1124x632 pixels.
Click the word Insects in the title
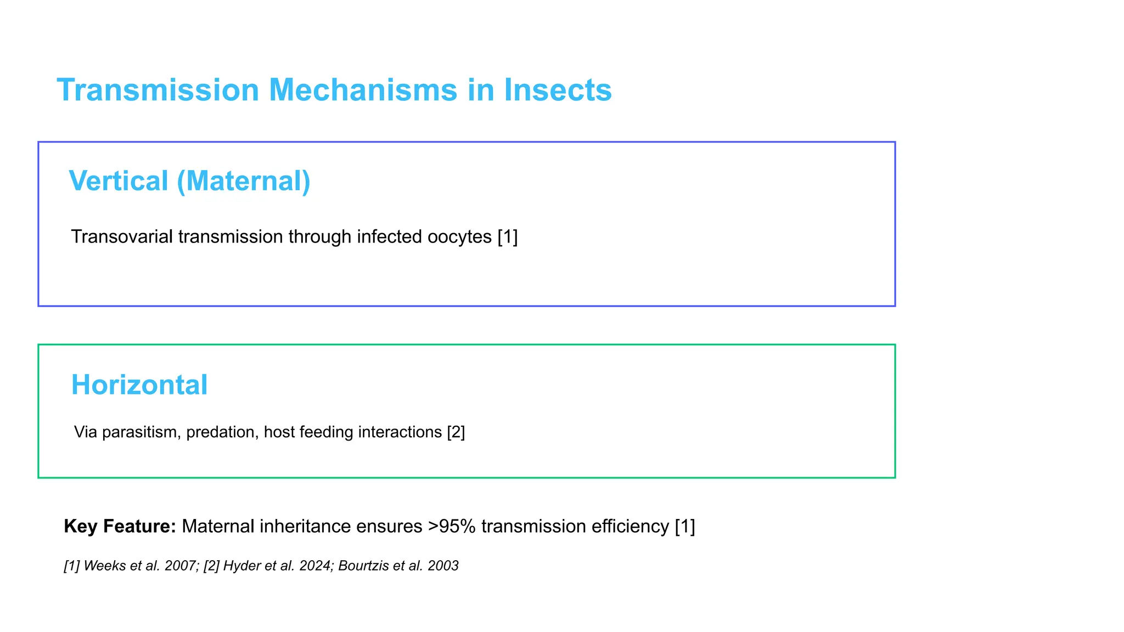pos(558,90)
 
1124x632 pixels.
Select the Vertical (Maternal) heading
pos(189,181)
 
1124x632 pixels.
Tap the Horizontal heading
pos(139,385)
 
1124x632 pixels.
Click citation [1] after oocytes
pos(508,236)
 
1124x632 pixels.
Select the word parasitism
pos(142,432)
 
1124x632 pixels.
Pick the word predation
pos(222,432)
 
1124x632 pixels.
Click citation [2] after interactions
pos(456,432)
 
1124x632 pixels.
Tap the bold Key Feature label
pos(120,526)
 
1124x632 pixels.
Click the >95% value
pos(452,526)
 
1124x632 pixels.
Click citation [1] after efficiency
pos(685,526)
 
